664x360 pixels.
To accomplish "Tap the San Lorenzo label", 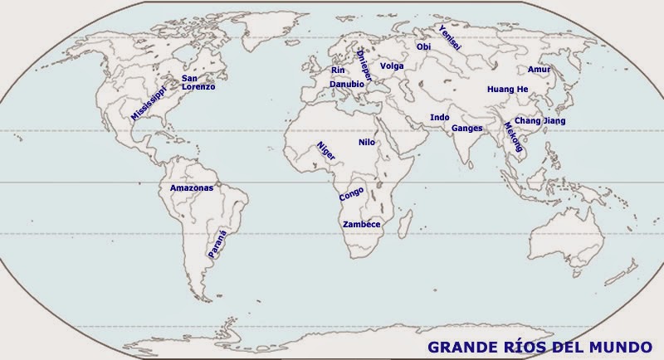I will (x=198, y=82).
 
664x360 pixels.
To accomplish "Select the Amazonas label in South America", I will (x=191, y=188).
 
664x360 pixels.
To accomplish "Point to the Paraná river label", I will (x=217, y=240).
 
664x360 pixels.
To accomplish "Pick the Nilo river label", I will (x=367, y=143).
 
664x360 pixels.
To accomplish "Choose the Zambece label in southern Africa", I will (x=361, y=224).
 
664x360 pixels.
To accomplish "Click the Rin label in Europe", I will (x=338, y=71).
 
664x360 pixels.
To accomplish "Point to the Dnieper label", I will (x=362, y=64).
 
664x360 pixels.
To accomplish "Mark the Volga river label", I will (x=392, y=66).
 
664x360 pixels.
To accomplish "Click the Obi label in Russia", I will (x=423, y=47).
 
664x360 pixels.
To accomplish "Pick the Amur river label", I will (x=539, y=69).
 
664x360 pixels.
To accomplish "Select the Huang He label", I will (x=507, y=89).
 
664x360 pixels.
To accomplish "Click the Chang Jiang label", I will (x=539, y=121).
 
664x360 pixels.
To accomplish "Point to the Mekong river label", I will (x=513, y=138).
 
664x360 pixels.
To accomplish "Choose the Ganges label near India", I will (x=467, y=129).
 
